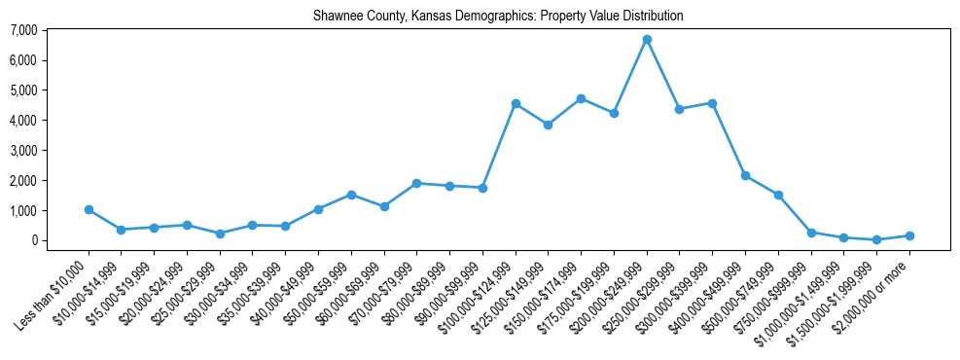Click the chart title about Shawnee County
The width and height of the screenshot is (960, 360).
click(498, 17)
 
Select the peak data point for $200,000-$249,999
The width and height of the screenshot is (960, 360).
click(647, 39)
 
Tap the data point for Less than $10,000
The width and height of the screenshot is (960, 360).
click(89, 209)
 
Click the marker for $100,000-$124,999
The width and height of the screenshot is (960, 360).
click(516, 103)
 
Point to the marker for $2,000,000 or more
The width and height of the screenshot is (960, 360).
click(909, 235)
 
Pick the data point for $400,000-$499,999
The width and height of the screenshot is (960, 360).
click(745, 175)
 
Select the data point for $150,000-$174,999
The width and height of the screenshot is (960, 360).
click(581, 98)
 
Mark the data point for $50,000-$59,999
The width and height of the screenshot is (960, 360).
click(351, 195)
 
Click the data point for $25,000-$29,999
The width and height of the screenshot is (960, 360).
click(220, 234)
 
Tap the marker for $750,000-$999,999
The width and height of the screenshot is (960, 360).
click(811, 233)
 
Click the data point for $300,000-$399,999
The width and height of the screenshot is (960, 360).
click(712, 103)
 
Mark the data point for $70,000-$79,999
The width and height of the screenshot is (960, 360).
click(416, 183)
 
